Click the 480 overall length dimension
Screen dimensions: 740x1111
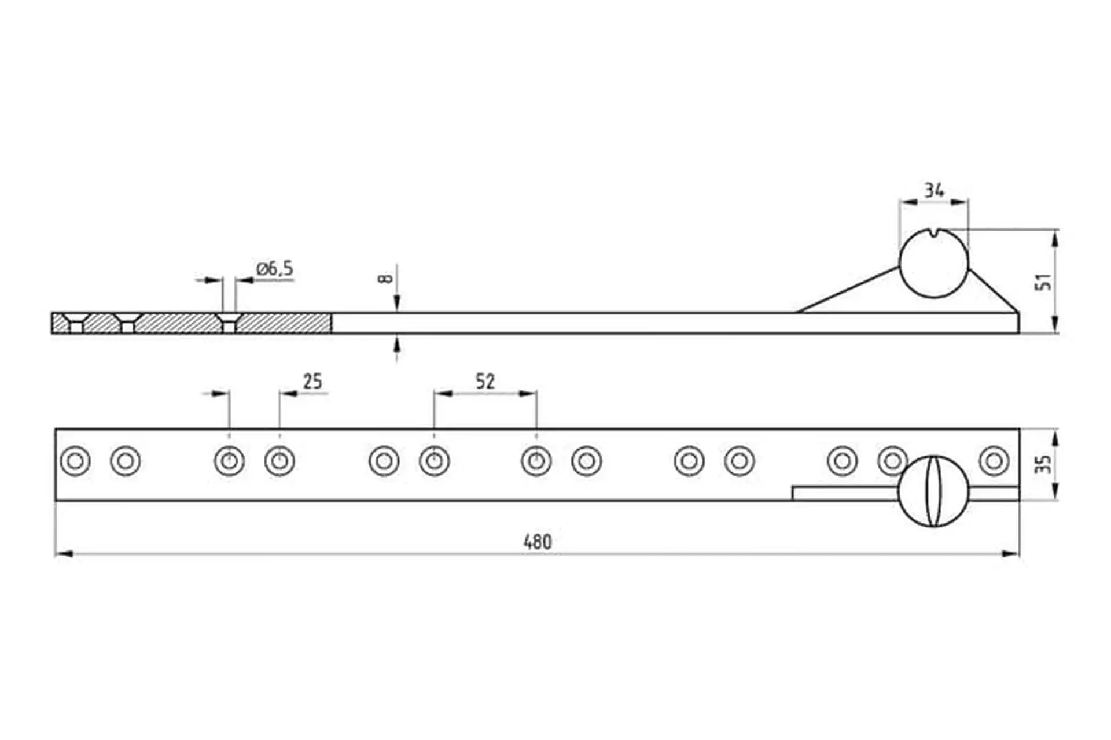[537, 542]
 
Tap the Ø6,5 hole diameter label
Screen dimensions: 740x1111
[275, 269]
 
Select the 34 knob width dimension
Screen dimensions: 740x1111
[933, 190]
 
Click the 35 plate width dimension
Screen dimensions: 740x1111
[1043, 464]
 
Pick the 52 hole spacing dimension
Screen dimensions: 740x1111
[485, 382]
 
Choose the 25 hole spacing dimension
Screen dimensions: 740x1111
[312, 382]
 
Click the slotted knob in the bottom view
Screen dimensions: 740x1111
[933, 491]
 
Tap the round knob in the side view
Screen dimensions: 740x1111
[933, 264]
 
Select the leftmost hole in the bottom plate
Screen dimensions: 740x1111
[75, 461]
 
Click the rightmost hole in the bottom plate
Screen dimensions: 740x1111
[994, 461]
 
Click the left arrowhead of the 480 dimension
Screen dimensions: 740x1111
[64, 554]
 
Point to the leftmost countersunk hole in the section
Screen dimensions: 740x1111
[76, 323]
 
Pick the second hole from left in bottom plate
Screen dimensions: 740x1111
[126, 461]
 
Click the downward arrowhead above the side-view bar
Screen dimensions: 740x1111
[397, 304]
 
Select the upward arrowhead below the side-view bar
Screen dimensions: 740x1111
[397, 343]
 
